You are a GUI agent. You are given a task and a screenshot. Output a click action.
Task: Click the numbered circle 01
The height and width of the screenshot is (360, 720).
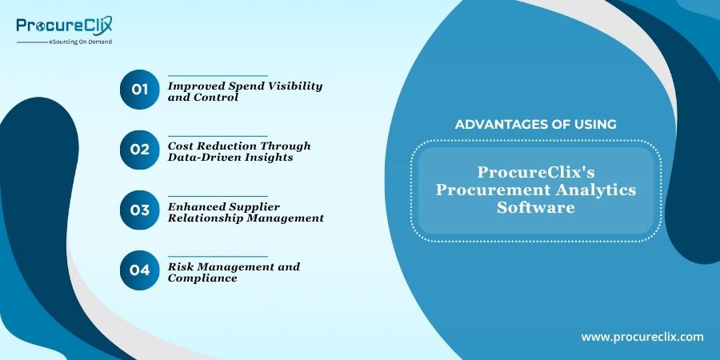(139, 90)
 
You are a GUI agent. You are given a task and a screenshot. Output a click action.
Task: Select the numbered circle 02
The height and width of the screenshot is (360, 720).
(139, 150)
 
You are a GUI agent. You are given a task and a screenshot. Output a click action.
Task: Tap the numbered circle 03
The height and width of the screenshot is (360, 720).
(139, 210)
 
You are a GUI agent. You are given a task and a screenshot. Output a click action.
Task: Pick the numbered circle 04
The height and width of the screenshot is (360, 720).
(139, 270)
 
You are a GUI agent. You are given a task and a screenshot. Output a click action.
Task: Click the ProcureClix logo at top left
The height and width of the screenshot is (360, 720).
(64, 26)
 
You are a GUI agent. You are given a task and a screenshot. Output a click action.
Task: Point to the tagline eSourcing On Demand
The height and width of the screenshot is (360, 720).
(80, 42)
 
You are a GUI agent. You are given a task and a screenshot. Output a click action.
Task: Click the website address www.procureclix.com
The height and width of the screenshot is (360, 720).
(642, 337)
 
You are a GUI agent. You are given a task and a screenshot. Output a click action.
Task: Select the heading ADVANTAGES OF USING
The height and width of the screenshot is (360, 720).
(535, 124)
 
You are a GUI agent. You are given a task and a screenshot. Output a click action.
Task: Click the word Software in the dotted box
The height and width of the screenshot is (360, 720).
(535, 207)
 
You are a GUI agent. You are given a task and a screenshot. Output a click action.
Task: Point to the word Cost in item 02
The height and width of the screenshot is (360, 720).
(178, 146)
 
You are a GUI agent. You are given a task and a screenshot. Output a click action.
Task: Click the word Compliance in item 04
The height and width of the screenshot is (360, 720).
(202, 278)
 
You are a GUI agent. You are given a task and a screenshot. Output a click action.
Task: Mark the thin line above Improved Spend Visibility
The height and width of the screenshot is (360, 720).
(218, 76)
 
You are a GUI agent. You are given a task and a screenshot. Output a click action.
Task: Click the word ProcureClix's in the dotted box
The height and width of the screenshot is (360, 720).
(536, 172)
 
